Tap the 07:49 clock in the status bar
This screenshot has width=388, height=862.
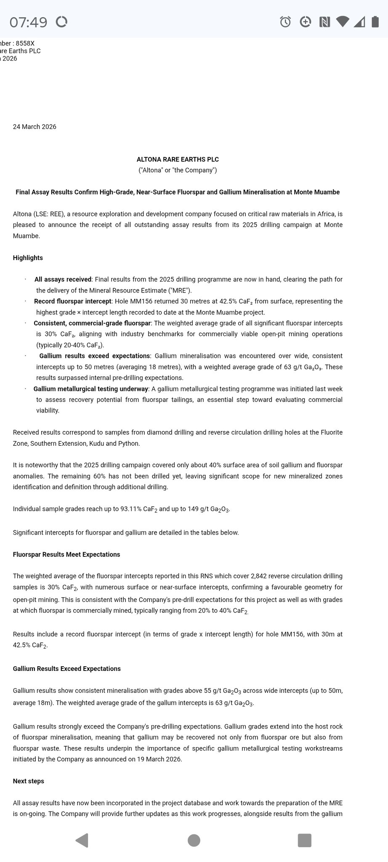pyautogui.click(x=28, y=22)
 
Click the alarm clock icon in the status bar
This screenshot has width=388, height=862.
pyautogui.click(x=285, y=22)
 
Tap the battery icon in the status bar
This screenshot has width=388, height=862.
pyautogui.click(x=375, y=21)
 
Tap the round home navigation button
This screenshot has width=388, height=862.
pyautogui.click(x=194, y=840)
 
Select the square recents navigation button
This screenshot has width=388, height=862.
pyautogui.click(x=304, y=840)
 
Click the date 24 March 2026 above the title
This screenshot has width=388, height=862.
pyautogui.click(x=35, y=127)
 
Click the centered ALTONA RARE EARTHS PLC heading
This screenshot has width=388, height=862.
pyautogui.click(x=178, y=160)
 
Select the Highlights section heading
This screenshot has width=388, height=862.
pyautogui.click(x=28, y=258)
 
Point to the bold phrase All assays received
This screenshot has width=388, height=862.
pyautogui.click(x=63, y=279)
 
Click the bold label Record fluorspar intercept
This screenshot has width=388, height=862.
pyautogui.click(x=73, y=301)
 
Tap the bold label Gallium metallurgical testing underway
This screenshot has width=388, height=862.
pyautogui.click(x=91, y=389)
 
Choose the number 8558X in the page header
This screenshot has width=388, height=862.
pyautogui.click(x=25, y=43)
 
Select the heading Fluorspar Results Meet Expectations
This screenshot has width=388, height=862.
pyautogui.click(x=66, y=554)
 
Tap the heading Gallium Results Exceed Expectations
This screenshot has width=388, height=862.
pyautogui.click(x=67, y=668)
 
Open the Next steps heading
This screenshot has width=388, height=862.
pyautogui.click(x=29, y=781)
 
